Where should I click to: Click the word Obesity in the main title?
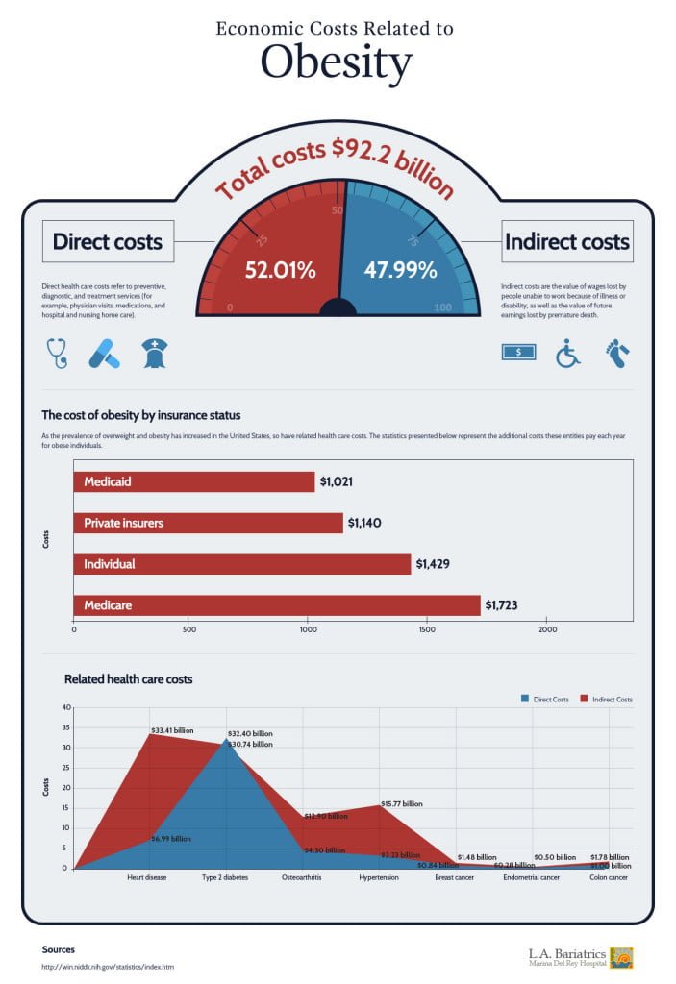click(337, 63)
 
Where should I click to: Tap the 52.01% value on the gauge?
click(280, 270)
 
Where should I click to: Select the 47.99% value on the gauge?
click(400, 270)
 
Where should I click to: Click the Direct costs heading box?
click(107, 241)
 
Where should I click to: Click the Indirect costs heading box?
click(567, 242)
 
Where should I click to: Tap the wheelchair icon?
click(568, 353)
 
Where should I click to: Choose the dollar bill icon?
click(518, 352)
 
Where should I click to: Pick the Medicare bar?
click(277, 605)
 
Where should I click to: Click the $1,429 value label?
click(437, 564)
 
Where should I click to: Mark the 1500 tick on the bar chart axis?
click(427, 630)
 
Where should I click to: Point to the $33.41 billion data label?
click(172, 730)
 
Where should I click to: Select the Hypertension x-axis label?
click(379, 877)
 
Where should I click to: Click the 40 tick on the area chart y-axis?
click(66, 707)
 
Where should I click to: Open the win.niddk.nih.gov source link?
click(108, 966)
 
